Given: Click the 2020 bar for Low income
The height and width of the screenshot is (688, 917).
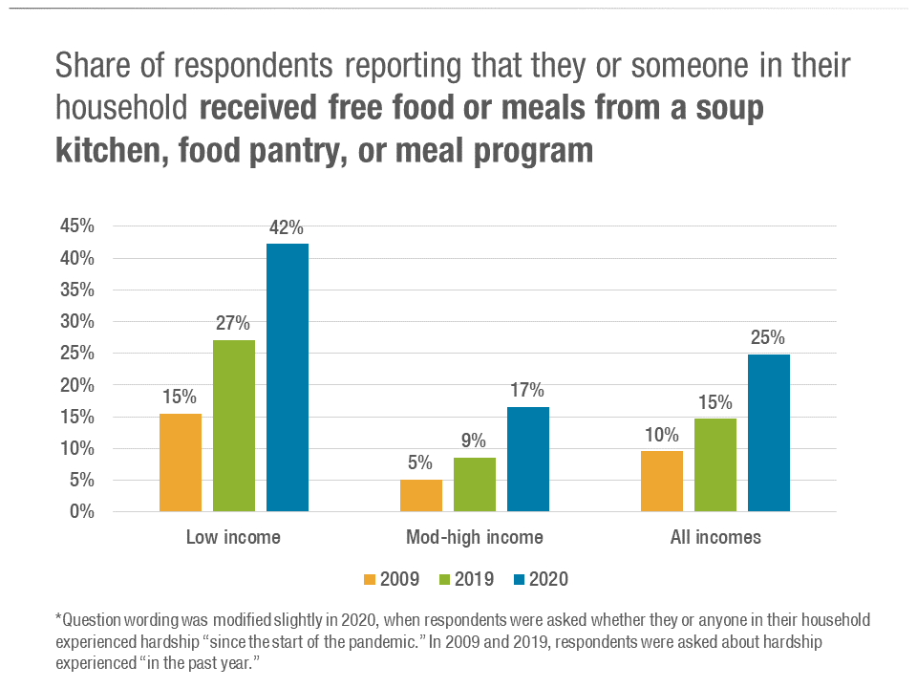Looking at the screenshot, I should tap(288, 377).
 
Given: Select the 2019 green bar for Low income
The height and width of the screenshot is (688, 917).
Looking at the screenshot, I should tap(234, 425).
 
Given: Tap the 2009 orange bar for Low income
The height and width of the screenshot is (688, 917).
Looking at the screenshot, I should tap(181, 462).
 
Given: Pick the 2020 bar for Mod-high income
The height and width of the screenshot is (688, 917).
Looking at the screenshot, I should tap(528, 459).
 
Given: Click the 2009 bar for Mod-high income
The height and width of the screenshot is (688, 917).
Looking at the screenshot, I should tap(421, 495).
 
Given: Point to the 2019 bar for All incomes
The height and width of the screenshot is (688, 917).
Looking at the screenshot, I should tap(715, 464).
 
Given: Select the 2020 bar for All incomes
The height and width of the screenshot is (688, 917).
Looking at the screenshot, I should tap(769, 433).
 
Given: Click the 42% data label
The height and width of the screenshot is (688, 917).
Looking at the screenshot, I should tap(287, 228).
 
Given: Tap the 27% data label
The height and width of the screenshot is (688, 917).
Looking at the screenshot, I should tap(234, 324).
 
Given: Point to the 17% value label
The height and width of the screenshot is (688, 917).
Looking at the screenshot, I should tap(527, 391).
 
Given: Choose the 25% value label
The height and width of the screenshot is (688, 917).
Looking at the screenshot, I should tap(768, 338).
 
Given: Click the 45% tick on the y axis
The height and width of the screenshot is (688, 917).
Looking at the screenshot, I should tap(76, 226).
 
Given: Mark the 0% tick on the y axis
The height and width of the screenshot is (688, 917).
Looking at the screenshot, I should tap(82, 511).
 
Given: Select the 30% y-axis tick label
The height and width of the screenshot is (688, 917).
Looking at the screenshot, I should tap(76, 321).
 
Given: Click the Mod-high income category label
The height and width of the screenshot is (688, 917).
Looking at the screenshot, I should tap(475, 537).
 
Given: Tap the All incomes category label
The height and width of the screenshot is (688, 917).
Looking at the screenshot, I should tap(715, 537).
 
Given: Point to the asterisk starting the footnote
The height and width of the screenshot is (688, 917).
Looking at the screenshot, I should tap(58, 618).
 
